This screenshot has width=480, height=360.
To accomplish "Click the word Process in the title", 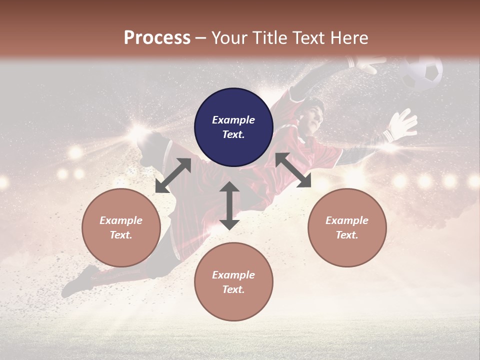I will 157,38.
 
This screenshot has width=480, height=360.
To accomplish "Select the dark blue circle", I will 233,127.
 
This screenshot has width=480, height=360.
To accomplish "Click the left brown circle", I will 121,227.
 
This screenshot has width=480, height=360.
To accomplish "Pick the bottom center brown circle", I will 233,282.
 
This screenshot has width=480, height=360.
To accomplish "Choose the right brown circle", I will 347,227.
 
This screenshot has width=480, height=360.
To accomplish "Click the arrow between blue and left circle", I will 173,175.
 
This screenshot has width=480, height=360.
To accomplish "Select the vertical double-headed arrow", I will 229,205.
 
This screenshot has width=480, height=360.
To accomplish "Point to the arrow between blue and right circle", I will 293,170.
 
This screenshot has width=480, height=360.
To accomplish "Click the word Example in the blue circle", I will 233,120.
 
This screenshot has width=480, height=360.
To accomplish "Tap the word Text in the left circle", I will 121,235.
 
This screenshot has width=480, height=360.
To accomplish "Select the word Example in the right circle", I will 347,220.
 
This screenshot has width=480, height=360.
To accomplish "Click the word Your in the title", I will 229,38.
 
